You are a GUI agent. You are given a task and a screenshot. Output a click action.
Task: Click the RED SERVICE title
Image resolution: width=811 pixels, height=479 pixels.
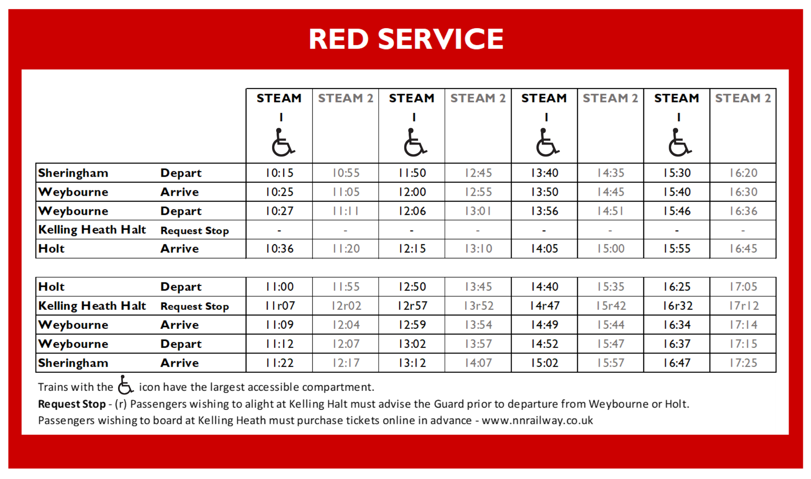tap(406, 39)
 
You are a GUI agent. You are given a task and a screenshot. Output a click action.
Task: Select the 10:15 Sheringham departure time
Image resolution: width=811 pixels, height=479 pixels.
tap(280, 173)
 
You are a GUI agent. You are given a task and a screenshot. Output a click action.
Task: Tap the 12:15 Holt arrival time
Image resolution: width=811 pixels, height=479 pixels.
tap(412, 249)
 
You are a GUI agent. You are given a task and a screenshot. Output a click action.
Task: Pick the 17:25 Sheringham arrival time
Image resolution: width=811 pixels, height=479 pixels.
tap(743, 363)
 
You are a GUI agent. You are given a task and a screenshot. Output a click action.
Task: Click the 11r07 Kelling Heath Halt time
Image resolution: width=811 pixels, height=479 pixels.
tap(280, 306)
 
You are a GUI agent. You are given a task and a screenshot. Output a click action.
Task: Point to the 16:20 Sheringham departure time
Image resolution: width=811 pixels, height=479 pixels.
tap(743, 173)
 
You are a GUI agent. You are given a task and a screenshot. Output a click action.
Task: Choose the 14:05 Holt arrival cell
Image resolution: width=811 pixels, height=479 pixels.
tap(545, 249)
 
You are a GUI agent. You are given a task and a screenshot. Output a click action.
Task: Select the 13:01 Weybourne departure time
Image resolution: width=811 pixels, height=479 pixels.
tap(478, 211)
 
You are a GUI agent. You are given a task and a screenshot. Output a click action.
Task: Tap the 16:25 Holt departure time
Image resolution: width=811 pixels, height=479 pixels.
tap(677, 287)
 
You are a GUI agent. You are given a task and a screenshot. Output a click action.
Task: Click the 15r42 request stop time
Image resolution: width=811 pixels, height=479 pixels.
tap(611, 306)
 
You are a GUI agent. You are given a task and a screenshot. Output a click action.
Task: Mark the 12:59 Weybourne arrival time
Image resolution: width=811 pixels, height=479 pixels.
tap(412, 325)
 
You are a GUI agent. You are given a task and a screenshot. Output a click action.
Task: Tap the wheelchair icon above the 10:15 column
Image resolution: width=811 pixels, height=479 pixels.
tap(283, 142)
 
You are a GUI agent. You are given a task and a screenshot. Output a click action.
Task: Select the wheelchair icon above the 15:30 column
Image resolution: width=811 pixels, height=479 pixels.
tap(680, 142)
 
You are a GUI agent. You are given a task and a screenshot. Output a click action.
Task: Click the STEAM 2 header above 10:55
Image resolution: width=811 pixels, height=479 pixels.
tap(345, 98)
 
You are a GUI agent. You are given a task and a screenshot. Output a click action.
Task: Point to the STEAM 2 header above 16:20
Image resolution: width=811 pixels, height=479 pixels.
tap(743, 98)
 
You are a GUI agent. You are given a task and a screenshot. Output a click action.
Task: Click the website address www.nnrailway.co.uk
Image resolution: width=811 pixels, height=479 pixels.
tap(537, 421)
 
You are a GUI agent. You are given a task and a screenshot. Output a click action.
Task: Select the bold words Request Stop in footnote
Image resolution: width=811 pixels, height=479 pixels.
tap(72, 404)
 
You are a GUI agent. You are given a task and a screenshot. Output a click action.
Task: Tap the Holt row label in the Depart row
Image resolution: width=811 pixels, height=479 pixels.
tap(51, 287)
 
